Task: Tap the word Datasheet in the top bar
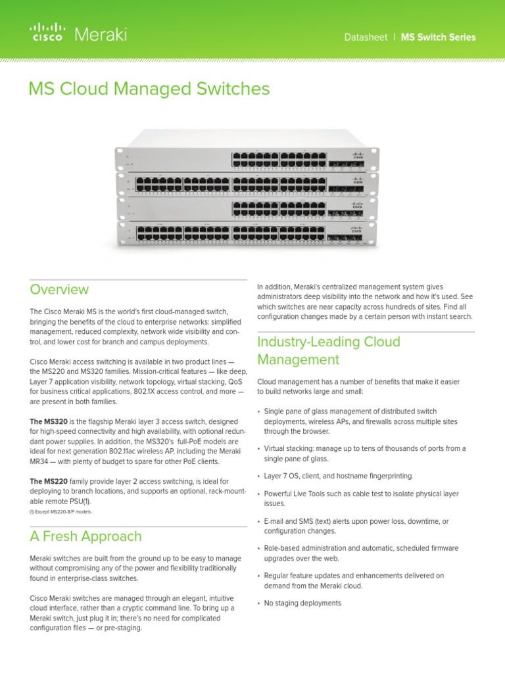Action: pos(366,37)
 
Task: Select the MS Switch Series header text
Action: pos(439,37)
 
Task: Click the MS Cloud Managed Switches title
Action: pos(149,89)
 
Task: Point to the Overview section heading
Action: pos(59,289)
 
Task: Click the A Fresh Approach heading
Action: pos(85,536)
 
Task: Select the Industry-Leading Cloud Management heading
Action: pos(328,350)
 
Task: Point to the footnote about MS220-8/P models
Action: pos(61,511)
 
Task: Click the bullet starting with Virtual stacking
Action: pos(364,453)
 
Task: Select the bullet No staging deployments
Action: pos(302,603)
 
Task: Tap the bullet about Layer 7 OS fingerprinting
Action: pos(339,476)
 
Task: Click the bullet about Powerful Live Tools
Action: pos(361,498)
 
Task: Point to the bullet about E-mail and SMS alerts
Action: pos(356,526)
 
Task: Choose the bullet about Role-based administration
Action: pos(361,553)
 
